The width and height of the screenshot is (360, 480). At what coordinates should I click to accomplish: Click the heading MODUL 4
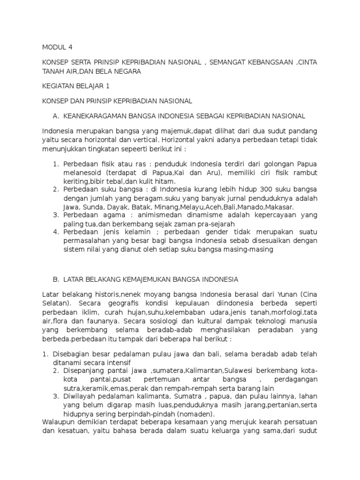pyautogui.click(x=58, y=47)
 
